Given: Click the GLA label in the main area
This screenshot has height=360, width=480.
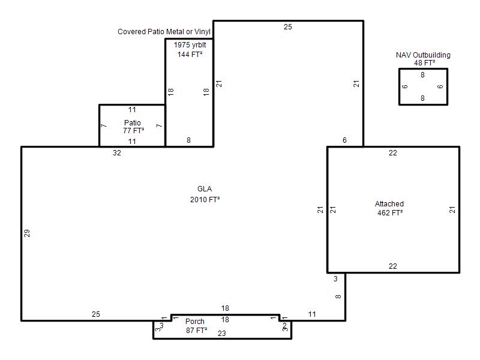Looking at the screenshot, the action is tap(205, 189).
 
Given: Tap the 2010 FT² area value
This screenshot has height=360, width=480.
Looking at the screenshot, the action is tap(205, 200).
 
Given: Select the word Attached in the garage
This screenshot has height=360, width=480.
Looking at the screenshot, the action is tap(389, 204).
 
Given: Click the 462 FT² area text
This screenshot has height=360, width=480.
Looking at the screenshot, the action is tap(389, 213).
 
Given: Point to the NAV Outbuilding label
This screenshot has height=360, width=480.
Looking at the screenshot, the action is tap(423, 55).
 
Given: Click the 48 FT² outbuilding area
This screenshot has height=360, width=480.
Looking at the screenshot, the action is tap(424, 63).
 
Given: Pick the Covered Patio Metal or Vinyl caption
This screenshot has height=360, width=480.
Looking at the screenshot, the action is tap(164, 32).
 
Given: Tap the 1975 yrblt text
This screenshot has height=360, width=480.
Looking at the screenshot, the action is tap(190, 45).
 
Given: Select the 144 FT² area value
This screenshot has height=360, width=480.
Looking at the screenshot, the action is tap(190, 55).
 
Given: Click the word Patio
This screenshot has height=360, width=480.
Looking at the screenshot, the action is tap(132, 123).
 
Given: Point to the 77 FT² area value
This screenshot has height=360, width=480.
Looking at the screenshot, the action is tap(133, 131).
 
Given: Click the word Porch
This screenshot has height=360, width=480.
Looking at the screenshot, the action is tap(194, 322).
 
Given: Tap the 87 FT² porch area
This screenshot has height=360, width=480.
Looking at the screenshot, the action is tap(196, 331).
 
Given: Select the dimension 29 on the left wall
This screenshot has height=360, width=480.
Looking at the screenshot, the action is tap(27, 233).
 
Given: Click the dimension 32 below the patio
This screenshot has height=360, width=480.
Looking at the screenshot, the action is tap(117, 153).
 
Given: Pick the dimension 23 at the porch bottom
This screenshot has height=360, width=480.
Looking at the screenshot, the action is tap(221, 334).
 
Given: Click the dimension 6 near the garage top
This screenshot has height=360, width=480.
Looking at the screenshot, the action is tap(344, 140).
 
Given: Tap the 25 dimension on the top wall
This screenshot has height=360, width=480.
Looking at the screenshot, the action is tap(288, 27).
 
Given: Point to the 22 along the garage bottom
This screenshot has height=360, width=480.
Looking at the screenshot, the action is tap(393, 266).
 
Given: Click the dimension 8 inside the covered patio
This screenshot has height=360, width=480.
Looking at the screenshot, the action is tap(188, 140).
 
